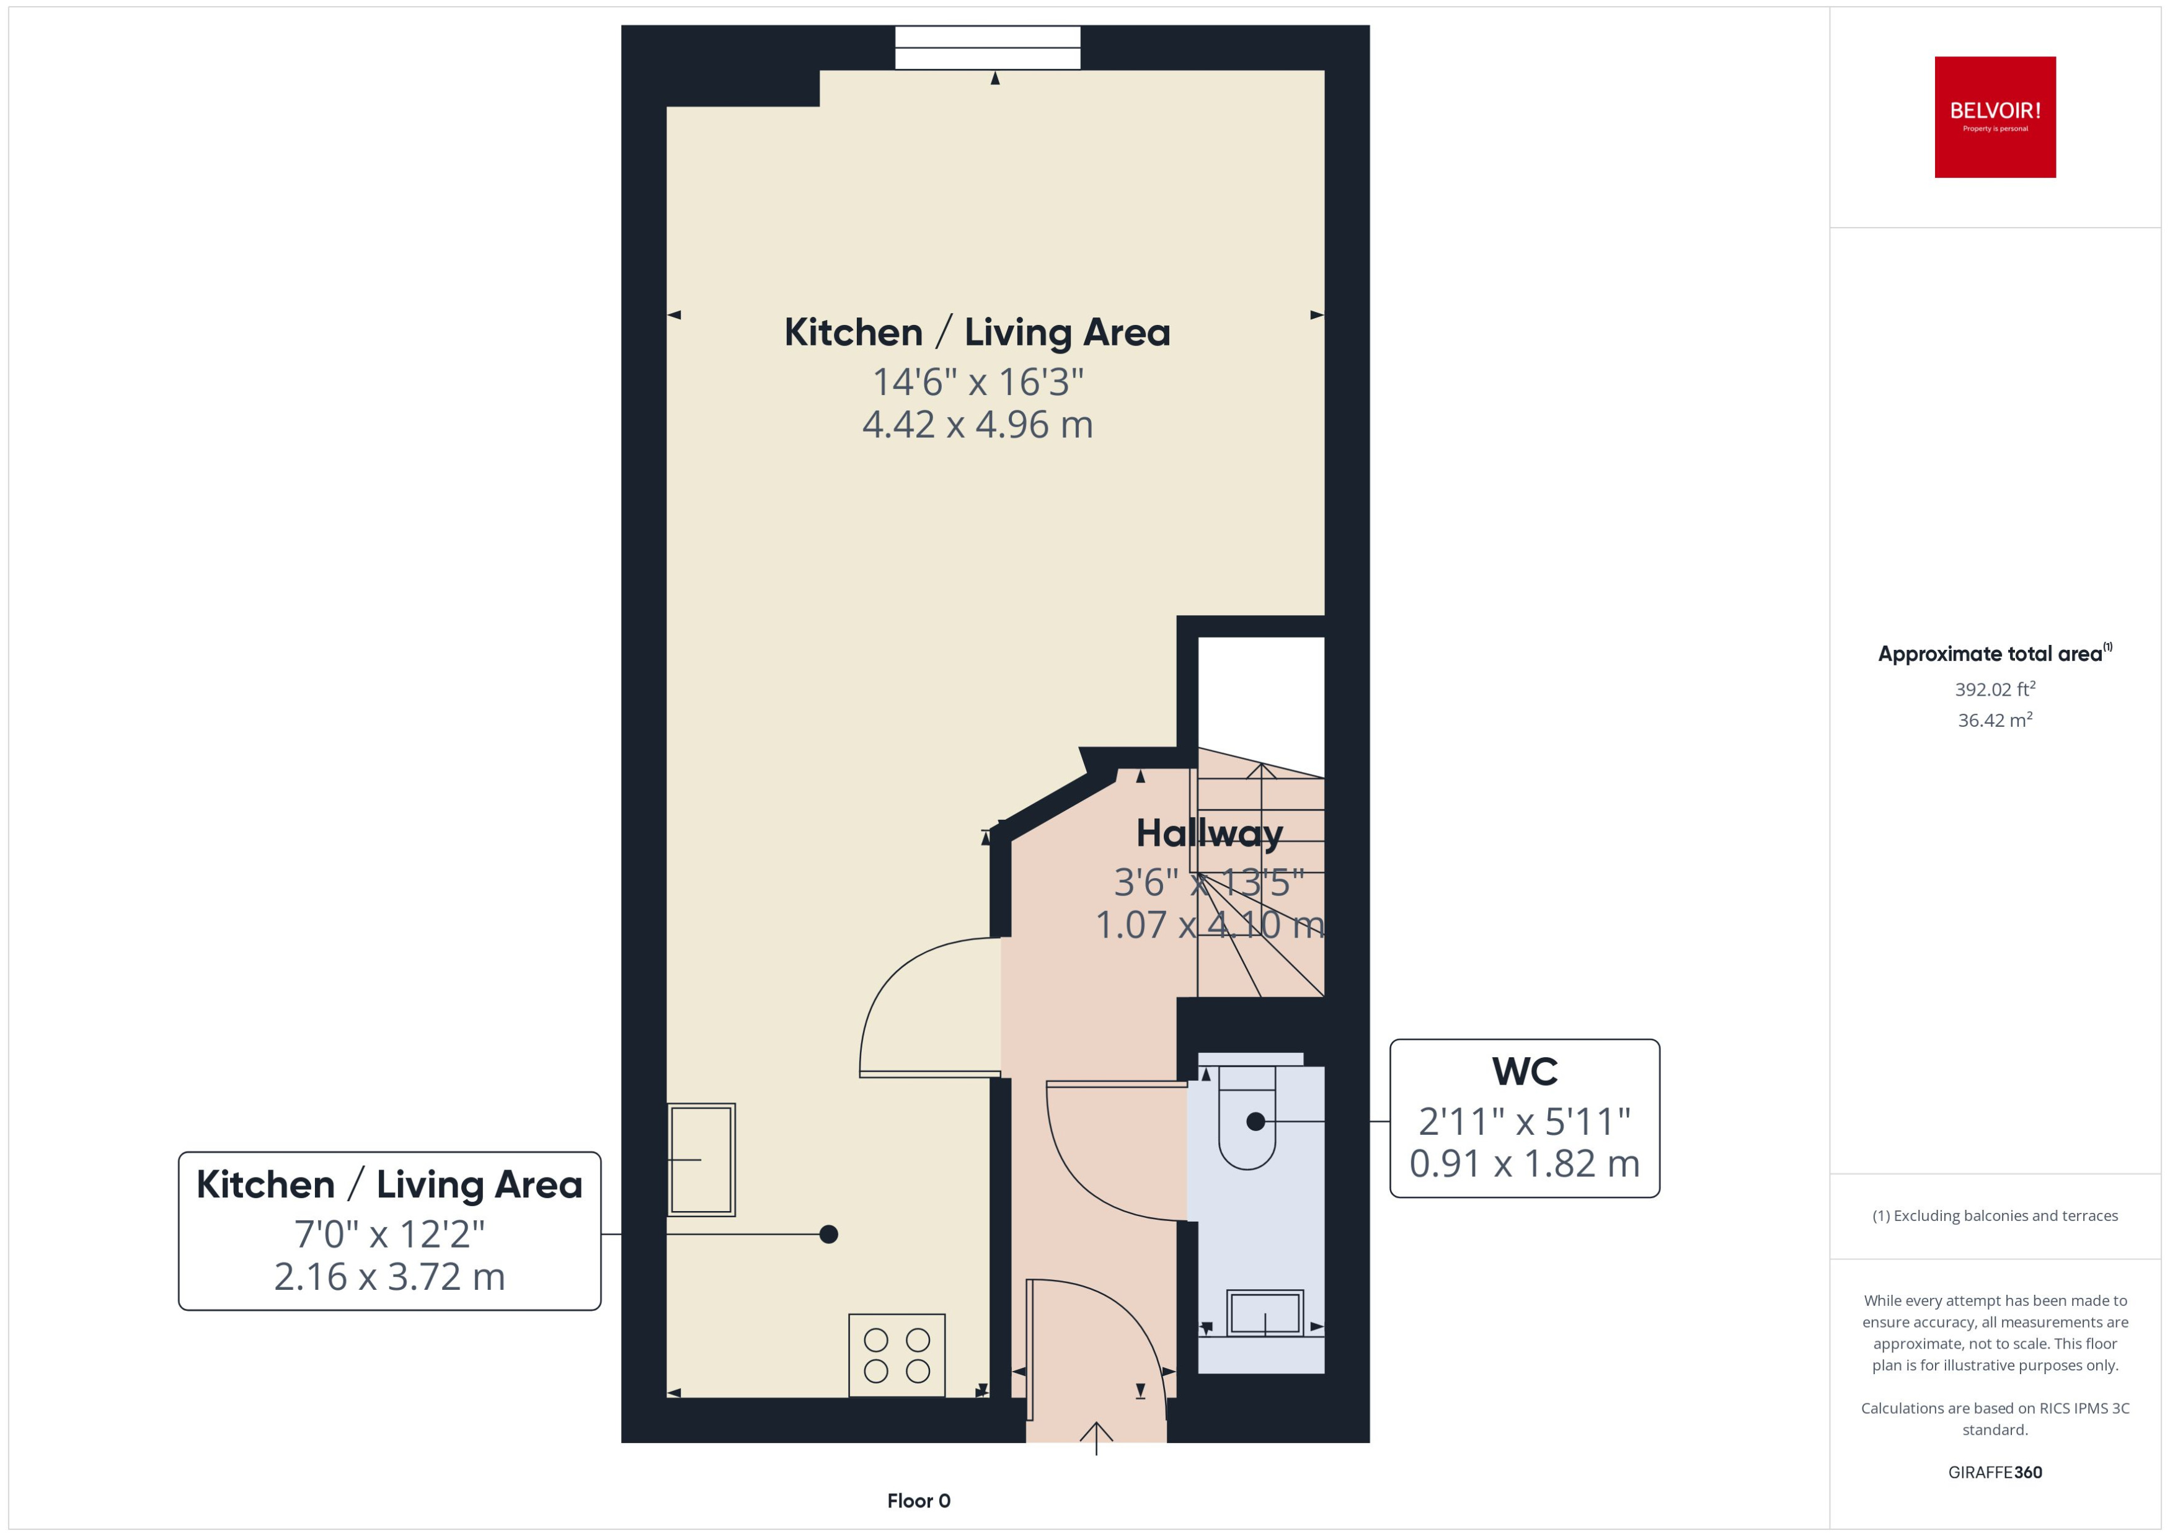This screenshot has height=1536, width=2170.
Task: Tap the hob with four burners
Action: (x=897, y=1354)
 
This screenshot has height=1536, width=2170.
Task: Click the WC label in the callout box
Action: (x=1524, y=1072)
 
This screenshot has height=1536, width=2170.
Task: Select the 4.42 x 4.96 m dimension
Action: (x=976, y=425)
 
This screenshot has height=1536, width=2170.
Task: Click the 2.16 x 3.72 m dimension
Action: (x=389, y=1276)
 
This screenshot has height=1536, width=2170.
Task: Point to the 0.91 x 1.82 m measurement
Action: (x=1524, y=1163)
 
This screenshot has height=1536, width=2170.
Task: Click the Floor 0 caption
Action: (x=918, y=1500)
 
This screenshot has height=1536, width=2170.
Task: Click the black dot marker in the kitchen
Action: (x=828, y=1233)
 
